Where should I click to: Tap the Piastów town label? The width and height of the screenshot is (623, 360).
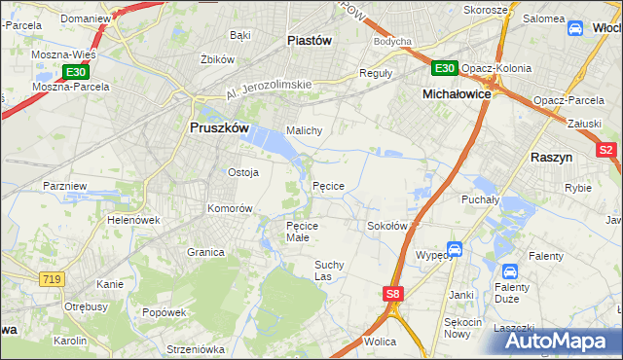(x=311, y=40)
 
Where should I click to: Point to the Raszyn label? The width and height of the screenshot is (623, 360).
(x=551, y=157)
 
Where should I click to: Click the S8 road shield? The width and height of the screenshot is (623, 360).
(x=391, y=294)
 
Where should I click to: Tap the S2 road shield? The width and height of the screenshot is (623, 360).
(x=606, y=150)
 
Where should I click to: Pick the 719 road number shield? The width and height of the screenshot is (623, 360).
(x=53, y=279)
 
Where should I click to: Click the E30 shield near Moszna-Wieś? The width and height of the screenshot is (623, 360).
(x=76, y=72)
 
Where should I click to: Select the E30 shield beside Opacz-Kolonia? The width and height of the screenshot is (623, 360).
(x=444, y=67)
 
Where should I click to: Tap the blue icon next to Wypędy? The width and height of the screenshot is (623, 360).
(x=454, y=250)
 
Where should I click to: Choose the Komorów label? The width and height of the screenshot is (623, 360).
(x=230, y=208)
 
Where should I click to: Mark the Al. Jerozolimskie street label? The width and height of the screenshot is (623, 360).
(x=267, y=89)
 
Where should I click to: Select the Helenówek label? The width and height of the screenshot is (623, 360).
(x=133, y=220)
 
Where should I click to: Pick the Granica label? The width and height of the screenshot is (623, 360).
(x=206, y=252)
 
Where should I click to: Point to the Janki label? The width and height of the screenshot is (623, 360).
(x=460, y=294)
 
